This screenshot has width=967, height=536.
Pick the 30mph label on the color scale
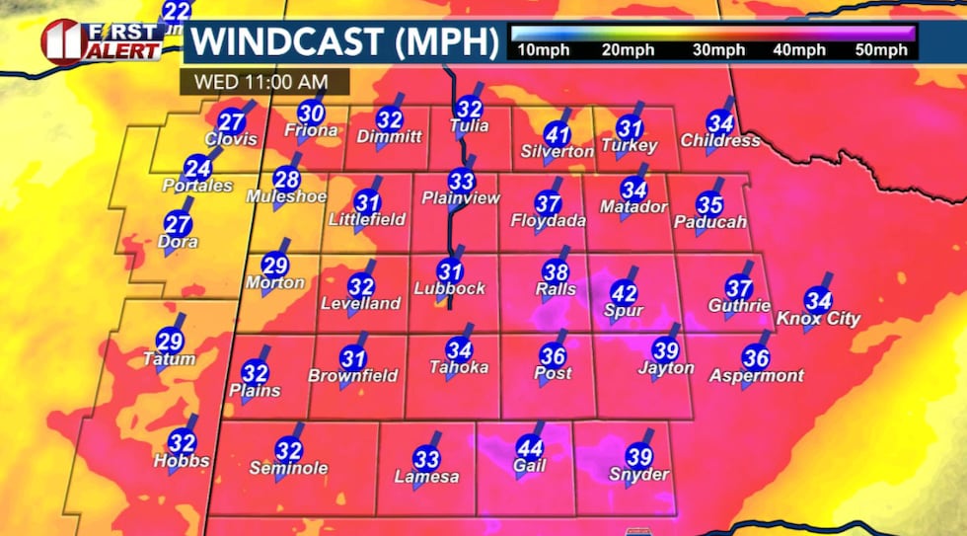(716, 49)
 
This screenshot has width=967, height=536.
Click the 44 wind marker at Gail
(529, 445)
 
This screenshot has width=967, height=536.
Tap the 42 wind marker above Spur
(624, 293)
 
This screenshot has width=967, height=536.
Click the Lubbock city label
(451, 289)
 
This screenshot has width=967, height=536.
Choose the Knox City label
(818, 319)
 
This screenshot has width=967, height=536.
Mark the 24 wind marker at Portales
(198, 167)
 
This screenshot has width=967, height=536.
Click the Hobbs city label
(181, 461)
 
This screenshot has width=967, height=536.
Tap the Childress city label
(720, 141)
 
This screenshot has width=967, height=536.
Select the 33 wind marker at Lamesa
(426, 458)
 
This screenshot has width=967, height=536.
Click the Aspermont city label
(756, 376)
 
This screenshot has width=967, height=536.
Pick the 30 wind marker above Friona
(312, 114)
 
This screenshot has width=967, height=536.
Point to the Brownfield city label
(353, 376)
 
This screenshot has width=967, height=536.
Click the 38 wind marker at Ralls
(557, 271)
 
